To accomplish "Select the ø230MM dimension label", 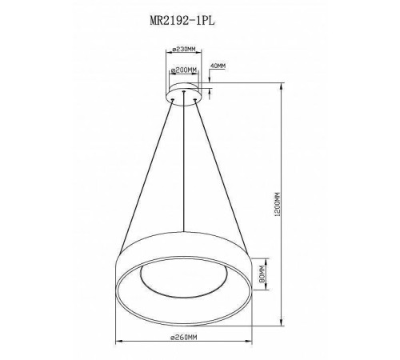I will (x=185, y=49).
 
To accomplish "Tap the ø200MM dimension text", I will (x=185, y=70).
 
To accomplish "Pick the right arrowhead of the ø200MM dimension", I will (x=199, y=76).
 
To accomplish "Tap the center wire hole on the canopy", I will (x=185, y=93).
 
